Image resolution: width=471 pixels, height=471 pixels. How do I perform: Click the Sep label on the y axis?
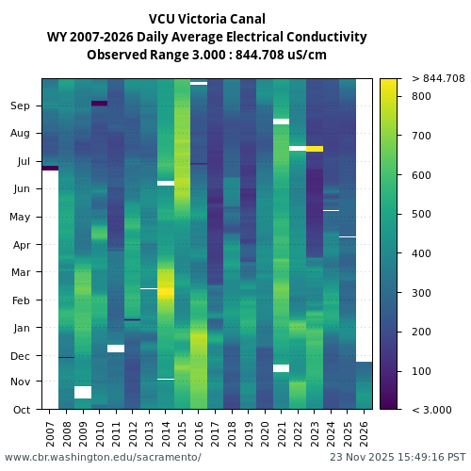(21, 106)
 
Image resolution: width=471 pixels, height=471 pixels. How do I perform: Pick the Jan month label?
(21, 329)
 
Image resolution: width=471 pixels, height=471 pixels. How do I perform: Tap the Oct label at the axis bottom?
(22, 410)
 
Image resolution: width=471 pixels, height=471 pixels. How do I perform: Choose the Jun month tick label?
(21, 189)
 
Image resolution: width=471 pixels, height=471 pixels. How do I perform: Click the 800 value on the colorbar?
(421, 96)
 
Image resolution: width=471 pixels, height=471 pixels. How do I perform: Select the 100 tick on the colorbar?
(421, 371)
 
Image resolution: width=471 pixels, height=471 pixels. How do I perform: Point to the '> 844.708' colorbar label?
(438, 78)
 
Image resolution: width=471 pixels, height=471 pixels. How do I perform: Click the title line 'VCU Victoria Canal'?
(207, 19)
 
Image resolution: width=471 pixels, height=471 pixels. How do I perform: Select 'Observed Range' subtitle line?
(207, 55)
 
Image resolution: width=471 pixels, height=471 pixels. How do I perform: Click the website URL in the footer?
(103, 457)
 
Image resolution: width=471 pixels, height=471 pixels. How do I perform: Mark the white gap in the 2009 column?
(83, 392)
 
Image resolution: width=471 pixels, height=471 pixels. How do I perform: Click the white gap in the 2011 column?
(116, 349)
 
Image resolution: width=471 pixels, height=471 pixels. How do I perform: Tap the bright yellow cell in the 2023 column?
(315, 149)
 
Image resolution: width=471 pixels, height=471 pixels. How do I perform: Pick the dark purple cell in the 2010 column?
(99, 103)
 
